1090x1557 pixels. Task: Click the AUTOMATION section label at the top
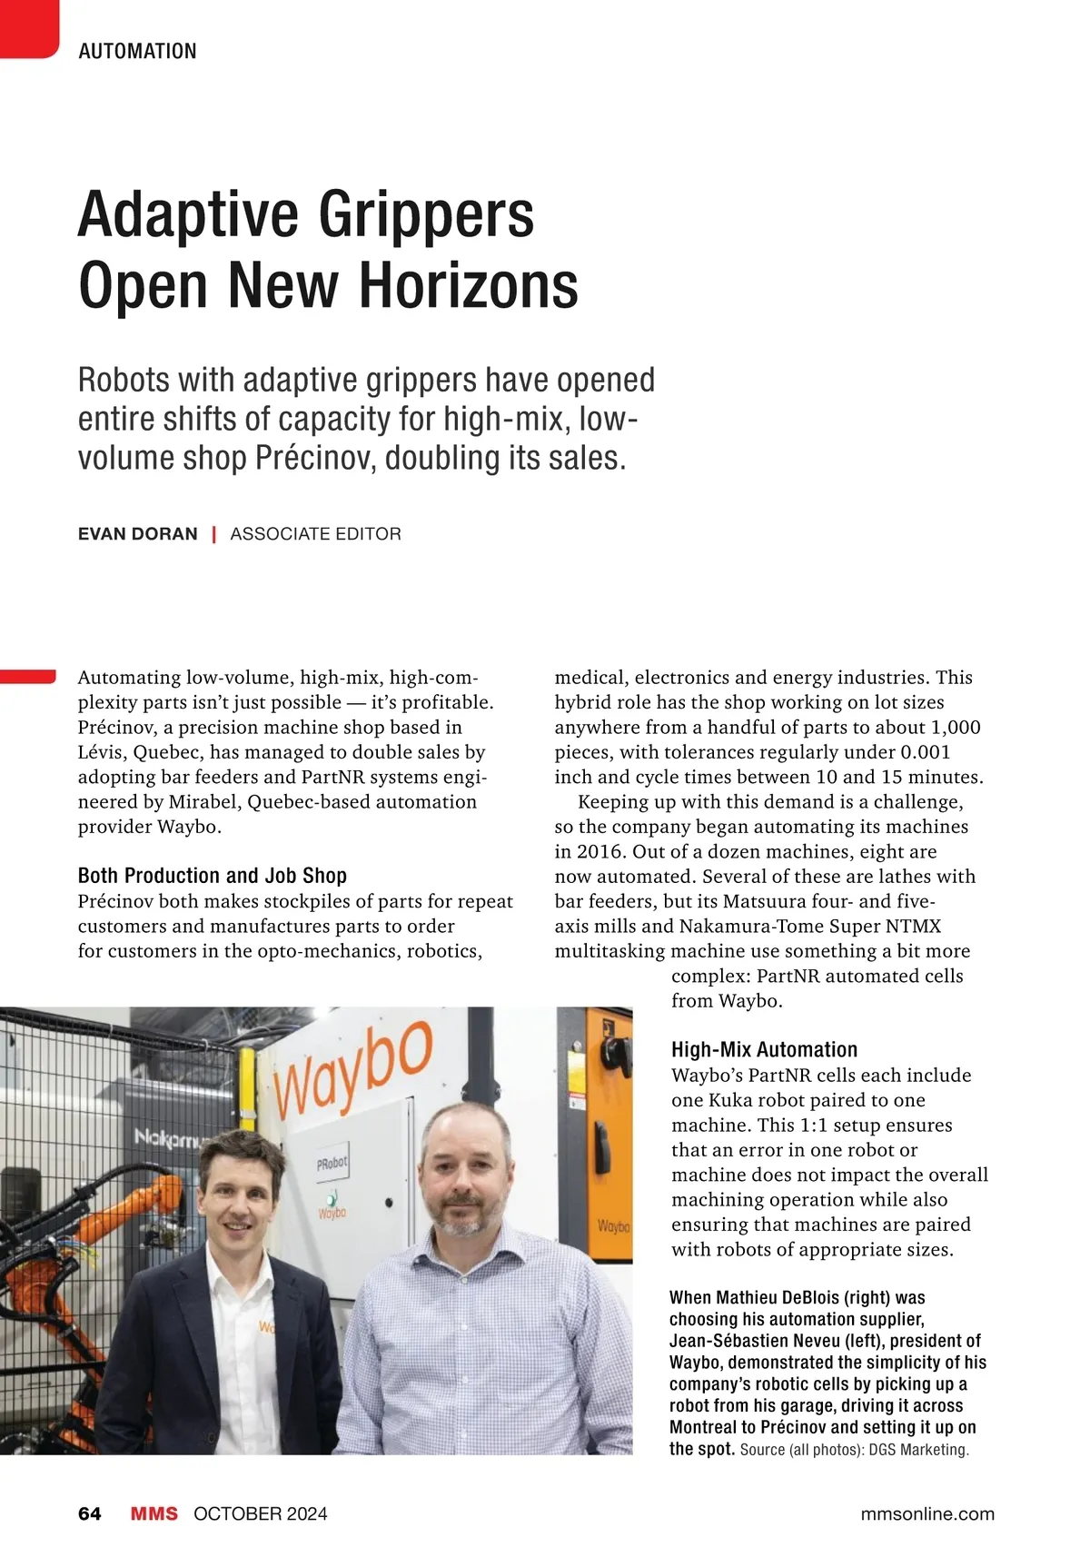click(x=137, y=51)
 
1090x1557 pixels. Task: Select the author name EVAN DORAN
click(x=137, y=534)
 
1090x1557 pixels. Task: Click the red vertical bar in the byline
click(x=213, y=534)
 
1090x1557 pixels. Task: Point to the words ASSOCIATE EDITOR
click(x=315, y=534)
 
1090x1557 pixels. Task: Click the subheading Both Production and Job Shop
click(x=213, y=876)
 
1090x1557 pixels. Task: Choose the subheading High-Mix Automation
click(x=764, y=1050)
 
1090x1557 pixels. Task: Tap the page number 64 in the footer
click(x=90, y=1513)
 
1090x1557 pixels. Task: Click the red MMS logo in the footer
click(x=154, y=1513)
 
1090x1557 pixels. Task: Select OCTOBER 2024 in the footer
click(x=261, y=1513)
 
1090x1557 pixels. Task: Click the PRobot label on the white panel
click(x=332, y=1164)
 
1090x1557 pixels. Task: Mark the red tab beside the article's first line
click(x=27, y=676)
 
